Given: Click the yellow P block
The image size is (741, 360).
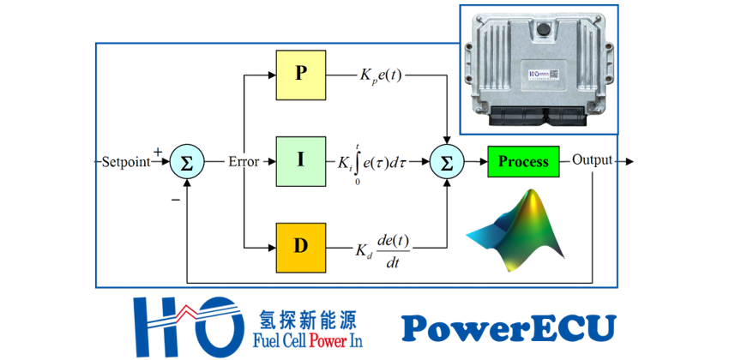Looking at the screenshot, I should tap(300, 73).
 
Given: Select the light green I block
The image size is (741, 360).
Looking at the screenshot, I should tap(300, 160).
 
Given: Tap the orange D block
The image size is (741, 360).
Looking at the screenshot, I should tap(300, 246).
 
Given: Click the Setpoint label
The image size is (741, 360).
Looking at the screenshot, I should tap(125, 161).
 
